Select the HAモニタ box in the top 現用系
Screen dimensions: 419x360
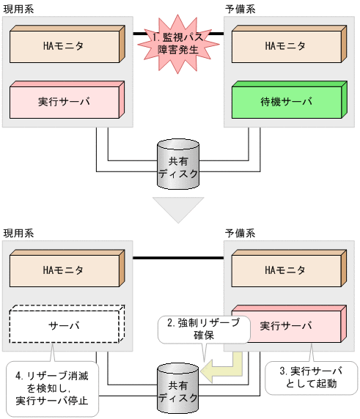[65, 45]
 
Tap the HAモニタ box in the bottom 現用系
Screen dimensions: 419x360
[65, 270]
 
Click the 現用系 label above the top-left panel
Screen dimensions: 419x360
[18, 7]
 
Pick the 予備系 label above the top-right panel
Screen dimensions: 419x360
[241, 7]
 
